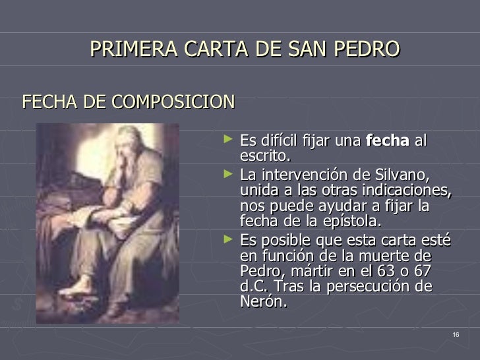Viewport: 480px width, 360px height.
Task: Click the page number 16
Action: click(456, 336)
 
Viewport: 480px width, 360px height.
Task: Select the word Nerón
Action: click(264, 303)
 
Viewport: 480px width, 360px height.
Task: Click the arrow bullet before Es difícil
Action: click(228, 140)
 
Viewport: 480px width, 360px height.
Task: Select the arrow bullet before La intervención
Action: click(228, 175)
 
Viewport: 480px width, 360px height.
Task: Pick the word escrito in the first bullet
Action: click(264, 156)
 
